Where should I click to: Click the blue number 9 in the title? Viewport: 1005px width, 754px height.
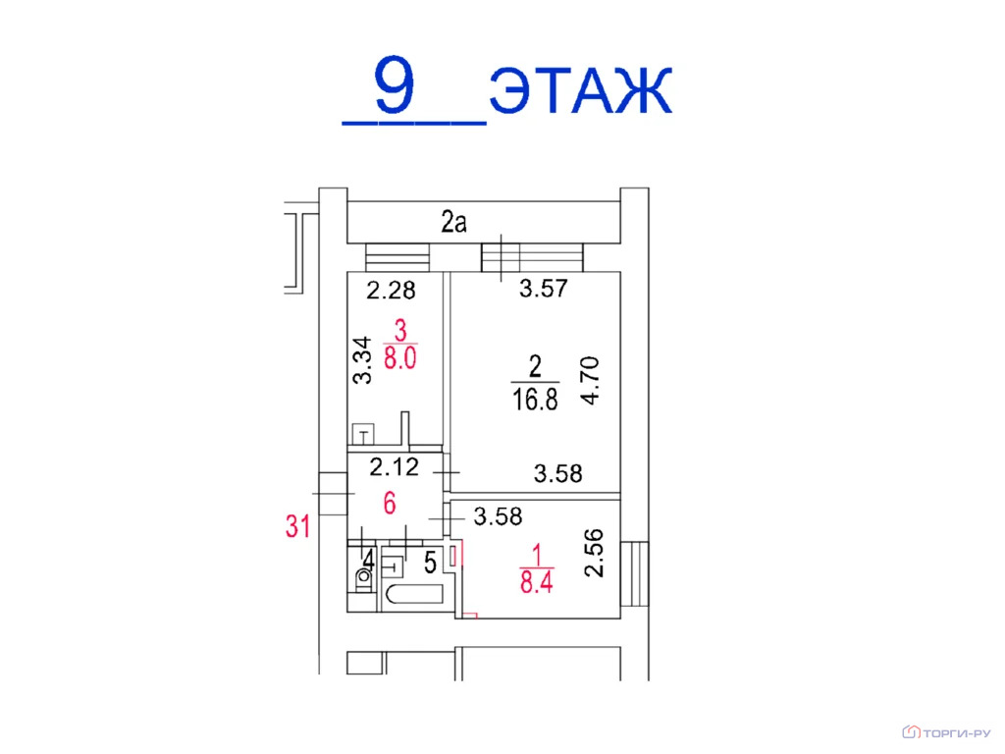tap(395, 84)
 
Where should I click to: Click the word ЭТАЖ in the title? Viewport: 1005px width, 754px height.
tap(581, 90)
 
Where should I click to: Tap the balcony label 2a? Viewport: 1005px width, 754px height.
tap(453, 222)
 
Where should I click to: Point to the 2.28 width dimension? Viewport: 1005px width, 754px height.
tap(391, 291)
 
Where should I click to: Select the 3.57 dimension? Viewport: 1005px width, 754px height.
tap(544, 289)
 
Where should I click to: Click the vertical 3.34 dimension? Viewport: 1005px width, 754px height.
tap(363, 359)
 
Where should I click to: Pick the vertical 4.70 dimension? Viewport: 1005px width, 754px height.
tap(590, 380)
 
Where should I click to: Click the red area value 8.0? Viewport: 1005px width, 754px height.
tap(400, 357)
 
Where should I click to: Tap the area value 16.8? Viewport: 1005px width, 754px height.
tap(535, 400)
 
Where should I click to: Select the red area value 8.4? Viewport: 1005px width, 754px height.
tap(537, 583)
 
